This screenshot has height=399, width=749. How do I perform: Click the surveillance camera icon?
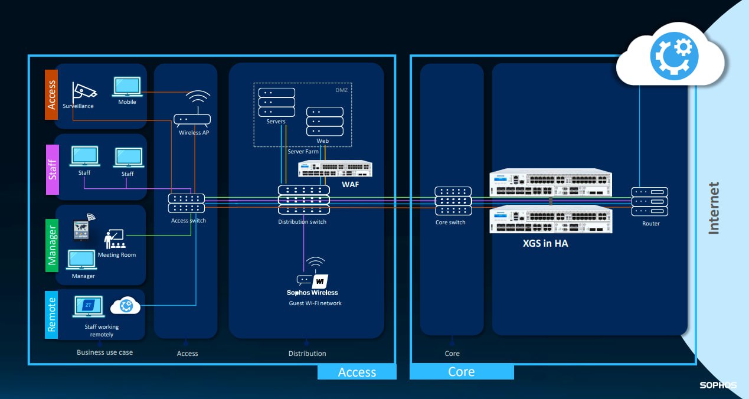click(x=83, y=91)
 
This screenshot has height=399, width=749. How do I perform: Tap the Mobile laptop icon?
click(x=127, y=87)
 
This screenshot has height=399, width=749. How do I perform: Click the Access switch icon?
click(x=187, y=204)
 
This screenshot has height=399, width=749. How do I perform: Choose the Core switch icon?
click(x=453, y=201)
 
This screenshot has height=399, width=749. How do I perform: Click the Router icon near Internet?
click(x=649, y=201)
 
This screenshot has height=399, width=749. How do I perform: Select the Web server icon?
click(x=324, y=121)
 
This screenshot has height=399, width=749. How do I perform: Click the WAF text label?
click(x=351, y=185)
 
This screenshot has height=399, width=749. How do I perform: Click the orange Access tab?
click(x=51, y=94)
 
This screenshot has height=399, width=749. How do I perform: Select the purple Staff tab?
click(x=53, y=169)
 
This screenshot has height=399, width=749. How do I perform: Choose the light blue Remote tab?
click(x=52, y=315)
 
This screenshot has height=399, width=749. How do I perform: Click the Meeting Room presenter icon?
click(x=114, y=240)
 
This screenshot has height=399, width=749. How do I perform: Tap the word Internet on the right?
click(x=714, y=208)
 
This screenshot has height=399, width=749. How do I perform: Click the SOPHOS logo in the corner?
click(x=718, y=385)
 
